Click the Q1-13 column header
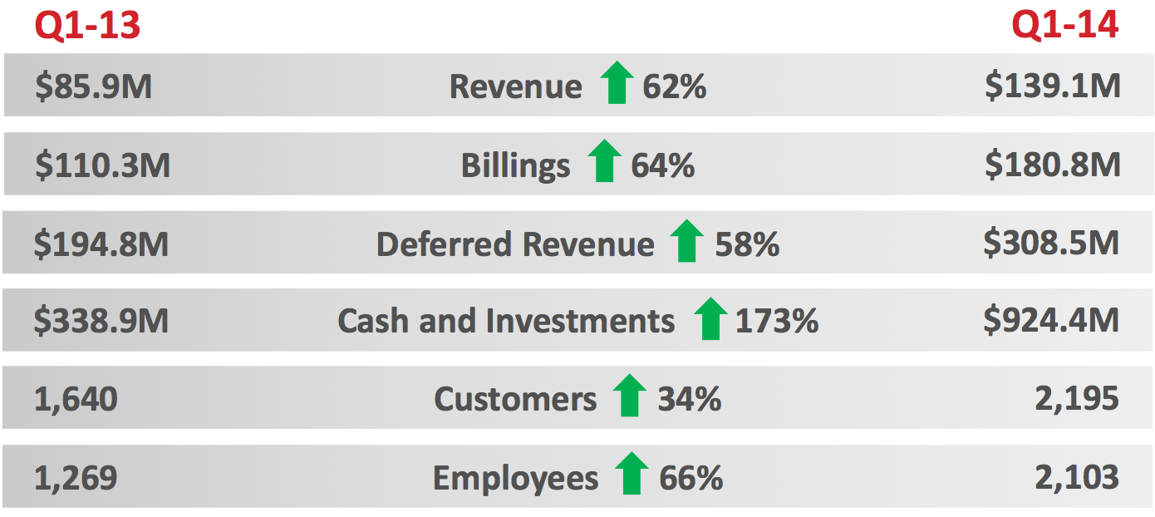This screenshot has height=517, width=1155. [x=87, y=26]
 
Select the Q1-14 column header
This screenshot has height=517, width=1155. [x=1064, y=26]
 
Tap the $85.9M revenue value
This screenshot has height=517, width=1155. [x=93, y=86]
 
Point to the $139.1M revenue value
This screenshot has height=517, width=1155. [x=1052, y=86]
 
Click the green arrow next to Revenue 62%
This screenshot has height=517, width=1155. [x=616, y=84]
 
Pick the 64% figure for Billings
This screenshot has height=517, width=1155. [x=662, y=165]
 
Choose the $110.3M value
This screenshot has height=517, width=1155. [x=102, y=165]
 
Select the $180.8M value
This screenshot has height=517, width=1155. [x=1052, y=165]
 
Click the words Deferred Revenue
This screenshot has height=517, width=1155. [x=514, y=244]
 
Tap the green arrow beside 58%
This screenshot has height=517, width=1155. [x=686, y=242]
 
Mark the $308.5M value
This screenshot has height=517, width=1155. [x=1051, y=243]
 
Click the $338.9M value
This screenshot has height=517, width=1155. [x=101, y=322]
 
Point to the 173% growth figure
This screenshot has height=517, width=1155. [x=776, y=321]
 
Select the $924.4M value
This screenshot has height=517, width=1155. [x=1051, y=321]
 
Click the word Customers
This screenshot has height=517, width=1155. [x=515, y=400]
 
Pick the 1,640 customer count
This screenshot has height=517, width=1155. [x=76, y=400]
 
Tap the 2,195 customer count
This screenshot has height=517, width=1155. [x=1077, y=400]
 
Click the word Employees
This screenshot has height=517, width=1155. [x=515, y=479]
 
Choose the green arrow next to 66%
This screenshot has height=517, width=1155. [x=632, y=475]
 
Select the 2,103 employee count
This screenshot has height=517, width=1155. [x=1077, y=478]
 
